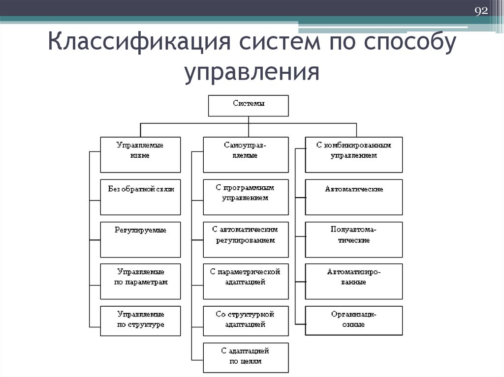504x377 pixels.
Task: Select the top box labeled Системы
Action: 249,106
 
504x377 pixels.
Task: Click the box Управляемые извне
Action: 140,154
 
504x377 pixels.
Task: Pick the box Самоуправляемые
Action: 246,154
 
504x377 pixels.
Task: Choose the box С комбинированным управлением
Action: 353,154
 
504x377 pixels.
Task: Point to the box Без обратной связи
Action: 140,197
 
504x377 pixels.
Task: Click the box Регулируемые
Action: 140,239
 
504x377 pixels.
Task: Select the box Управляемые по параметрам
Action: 140,281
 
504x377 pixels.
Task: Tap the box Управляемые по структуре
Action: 140,320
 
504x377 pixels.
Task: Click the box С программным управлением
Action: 246,197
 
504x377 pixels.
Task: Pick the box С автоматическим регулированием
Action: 246,239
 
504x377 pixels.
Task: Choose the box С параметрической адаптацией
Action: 246,281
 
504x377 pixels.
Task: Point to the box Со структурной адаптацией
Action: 246,320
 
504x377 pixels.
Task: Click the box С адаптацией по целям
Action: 246,357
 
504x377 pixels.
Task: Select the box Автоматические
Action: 353,197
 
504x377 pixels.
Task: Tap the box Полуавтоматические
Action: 353,239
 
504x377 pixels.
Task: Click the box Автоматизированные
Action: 353,281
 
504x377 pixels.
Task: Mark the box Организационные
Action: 353,320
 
